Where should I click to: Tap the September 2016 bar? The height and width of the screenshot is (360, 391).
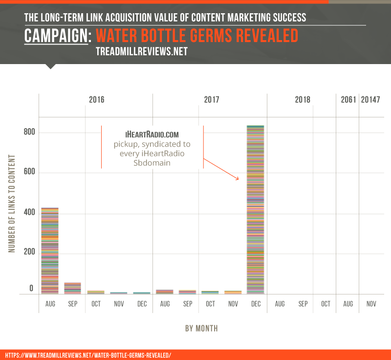(73, 288)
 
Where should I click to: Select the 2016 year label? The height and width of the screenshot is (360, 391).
(96, 100)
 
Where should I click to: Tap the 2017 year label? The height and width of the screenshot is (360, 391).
(211, 100)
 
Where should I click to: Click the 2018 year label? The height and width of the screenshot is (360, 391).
(303, 100)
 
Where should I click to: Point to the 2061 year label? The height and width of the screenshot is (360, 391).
(348, 100)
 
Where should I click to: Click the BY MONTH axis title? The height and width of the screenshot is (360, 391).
(201, 329)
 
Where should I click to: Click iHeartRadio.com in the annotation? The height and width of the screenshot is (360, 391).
(152, 135)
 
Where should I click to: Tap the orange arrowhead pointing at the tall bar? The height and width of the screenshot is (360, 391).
(238, 179)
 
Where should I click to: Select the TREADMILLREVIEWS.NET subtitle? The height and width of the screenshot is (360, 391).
(142, 52)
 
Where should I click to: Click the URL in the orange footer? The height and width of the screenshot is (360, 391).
(88, 355)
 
